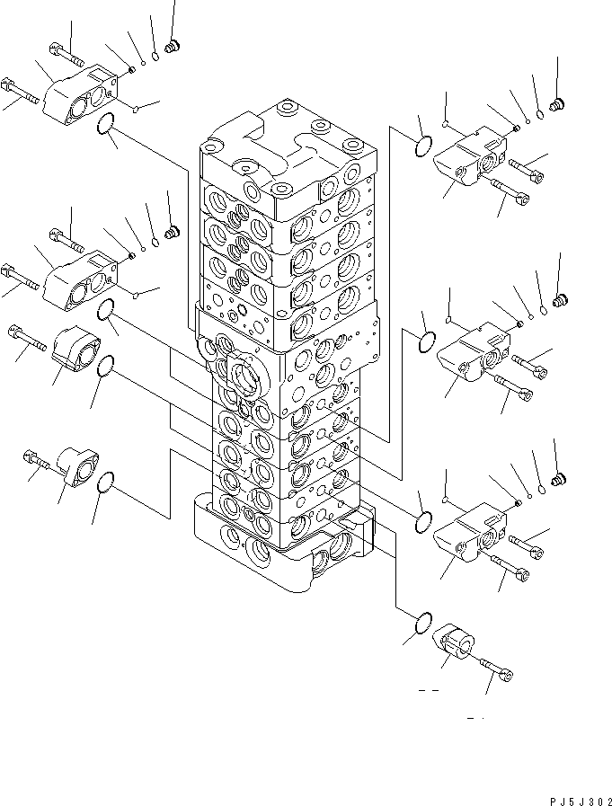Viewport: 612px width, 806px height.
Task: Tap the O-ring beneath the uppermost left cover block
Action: (x=105, y=128)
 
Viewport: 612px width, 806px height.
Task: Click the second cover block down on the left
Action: (x=79, y=279)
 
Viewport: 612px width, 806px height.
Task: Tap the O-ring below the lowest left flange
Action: (x=105, y=483)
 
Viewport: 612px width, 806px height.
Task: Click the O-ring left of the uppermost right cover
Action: (x=425, y=145)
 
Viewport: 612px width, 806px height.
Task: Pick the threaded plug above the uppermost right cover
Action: (x=556, y=105)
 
